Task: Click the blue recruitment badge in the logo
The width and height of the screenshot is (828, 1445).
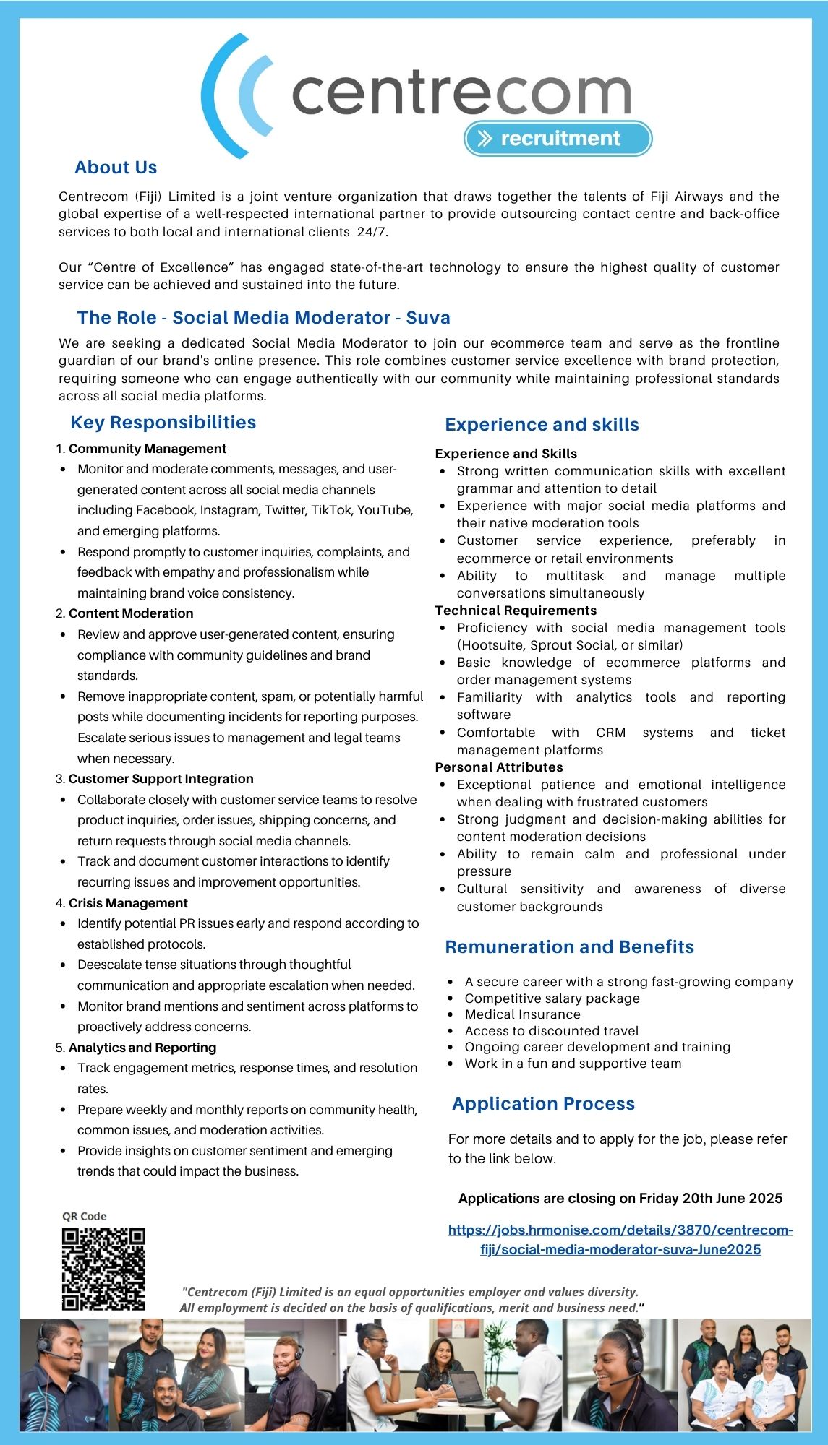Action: click(558, 138)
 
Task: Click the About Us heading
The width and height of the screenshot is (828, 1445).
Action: click(116, 168)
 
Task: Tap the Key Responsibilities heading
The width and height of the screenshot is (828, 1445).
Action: click(163, 423)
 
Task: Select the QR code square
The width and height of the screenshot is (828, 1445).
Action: click(103, 1269)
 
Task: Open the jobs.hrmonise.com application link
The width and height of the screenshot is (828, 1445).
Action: click(620, 1239)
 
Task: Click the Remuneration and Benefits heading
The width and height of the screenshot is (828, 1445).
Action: click(569, 947)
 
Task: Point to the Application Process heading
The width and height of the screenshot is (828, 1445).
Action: click(543, 1104)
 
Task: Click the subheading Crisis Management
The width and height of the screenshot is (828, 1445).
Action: click(128, 903)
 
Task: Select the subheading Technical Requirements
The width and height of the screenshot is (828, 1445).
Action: click(516, 611)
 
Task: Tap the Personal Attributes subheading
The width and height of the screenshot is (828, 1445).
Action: click(499, 767)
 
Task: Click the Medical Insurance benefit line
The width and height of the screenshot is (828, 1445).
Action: click(523, 1014)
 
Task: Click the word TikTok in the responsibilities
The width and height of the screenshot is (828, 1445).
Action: click(330, 510)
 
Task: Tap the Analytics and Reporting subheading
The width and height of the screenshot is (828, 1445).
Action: click(142, 1048)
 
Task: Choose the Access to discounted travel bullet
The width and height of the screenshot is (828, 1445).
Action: click(552, 1031)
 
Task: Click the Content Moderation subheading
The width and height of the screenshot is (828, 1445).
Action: click(131, 613)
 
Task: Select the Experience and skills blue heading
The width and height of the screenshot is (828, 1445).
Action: click(542, 425)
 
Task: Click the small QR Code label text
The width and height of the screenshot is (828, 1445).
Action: click(84, 1216)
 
